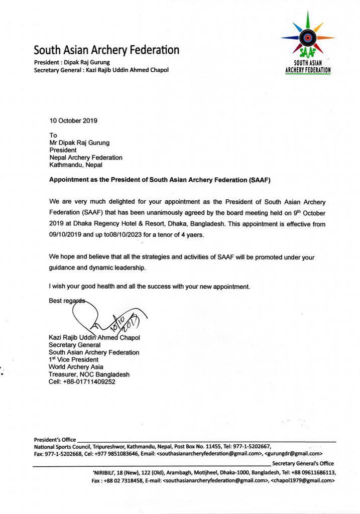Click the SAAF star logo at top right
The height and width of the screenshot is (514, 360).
click(307, 37)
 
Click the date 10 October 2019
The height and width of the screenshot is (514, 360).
click(73, 120)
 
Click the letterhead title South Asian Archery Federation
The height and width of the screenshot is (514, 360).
click(106, 50)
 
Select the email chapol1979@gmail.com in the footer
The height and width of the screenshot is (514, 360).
click(302, 480)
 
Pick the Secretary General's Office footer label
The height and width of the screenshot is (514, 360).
click(303, 463)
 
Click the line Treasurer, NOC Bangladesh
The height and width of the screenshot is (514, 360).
click(89, 374)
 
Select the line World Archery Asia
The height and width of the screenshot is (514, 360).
click(76, 367)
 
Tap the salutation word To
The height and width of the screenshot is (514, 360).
click(53, 135)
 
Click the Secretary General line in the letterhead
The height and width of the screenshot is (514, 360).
click(101, 70)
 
